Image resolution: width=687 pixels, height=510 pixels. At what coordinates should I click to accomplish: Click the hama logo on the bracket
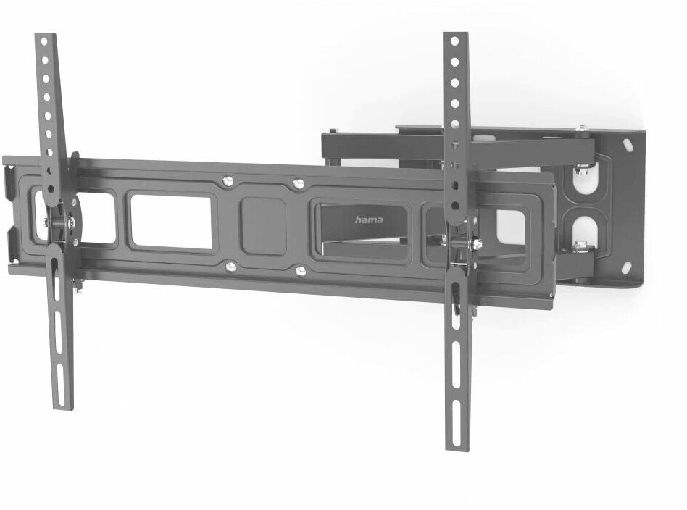[x=368, y=220]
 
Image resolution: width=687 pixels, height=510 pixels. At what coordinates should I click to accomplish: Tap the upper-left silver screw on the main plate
[x=228, y=181]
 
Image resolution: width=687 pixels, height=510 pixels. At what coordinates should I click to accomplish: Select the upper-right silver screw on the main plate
[x=299, y=183]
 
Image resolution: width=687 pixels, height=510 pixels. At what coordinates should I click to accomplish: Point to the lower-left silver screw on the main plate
[x=230, y=266]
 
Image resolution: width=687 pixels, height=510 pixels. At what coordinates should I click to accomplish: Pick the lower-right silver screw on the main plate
[x=301, y=271]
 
